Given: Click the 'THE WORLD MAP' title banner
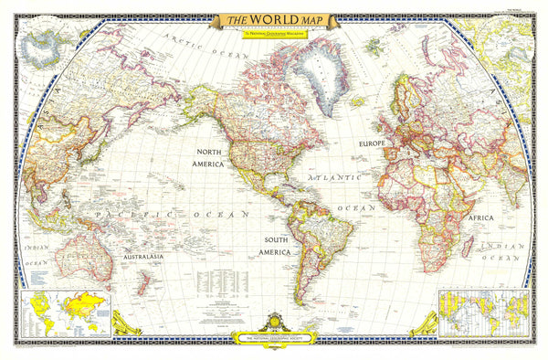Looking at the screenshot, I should [273, 19].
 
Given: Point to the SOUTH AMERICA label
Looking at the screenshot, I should [273, 244].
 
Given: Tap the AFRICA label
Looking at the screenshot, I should [481, 218].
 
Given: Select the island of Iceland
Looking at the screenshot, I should [358, 101].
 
